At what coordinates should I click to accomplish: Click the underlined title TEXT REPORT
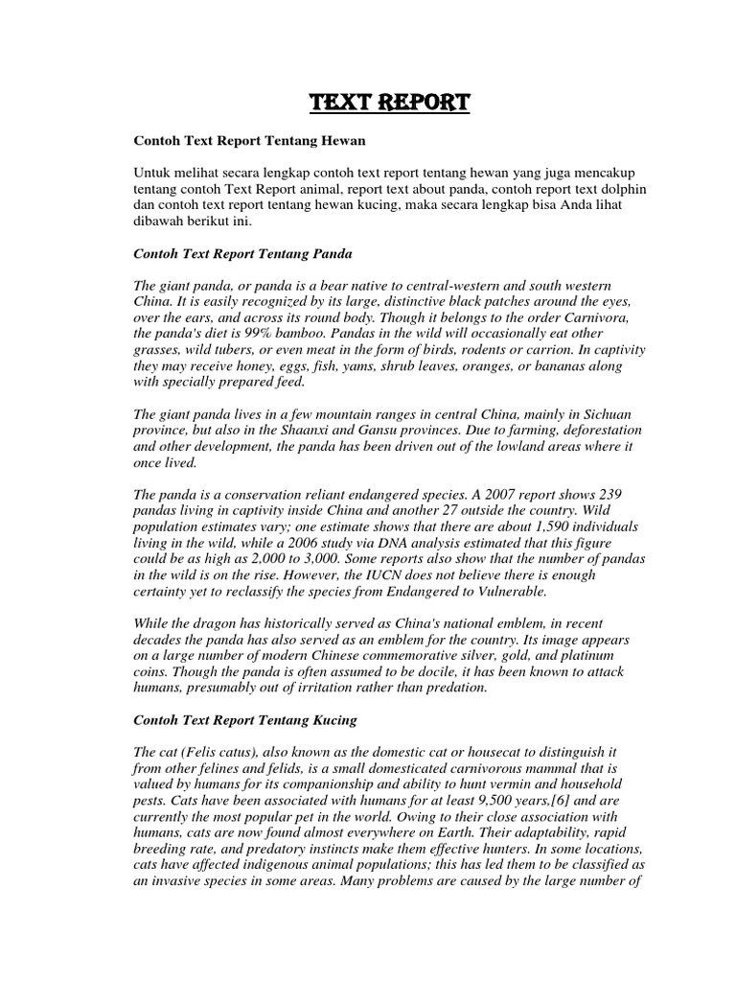point(389,103)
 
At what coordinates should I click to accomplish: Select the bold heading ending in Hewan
point(249,141)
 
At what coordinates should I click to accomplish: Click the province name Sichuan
point(598,415)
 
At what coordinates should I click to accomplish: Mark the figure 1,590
point(549,528)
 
